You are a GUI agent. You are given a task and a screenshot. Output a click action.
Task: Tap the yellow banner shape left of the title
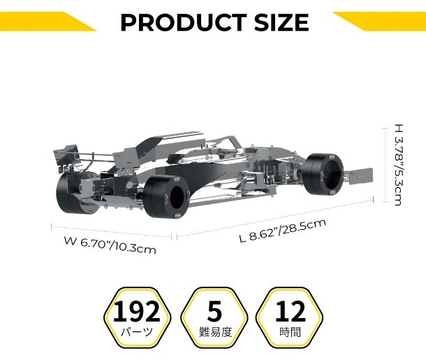[42, 21]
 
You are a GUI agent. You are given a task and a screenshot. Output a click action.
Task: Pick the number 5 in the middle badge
[214, 310]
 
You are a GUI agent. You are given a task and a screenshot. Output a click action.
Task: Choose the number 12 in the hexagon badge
[290, 310]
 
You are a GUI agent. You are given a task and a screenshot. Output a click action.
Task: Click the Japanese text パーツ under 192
[142, 331]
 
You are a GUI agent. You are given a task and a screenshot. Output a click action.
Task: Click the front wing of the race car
[363, 175]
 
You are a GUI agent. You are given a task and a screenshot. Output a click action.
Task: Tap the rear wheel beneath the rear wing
[75, 194]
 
